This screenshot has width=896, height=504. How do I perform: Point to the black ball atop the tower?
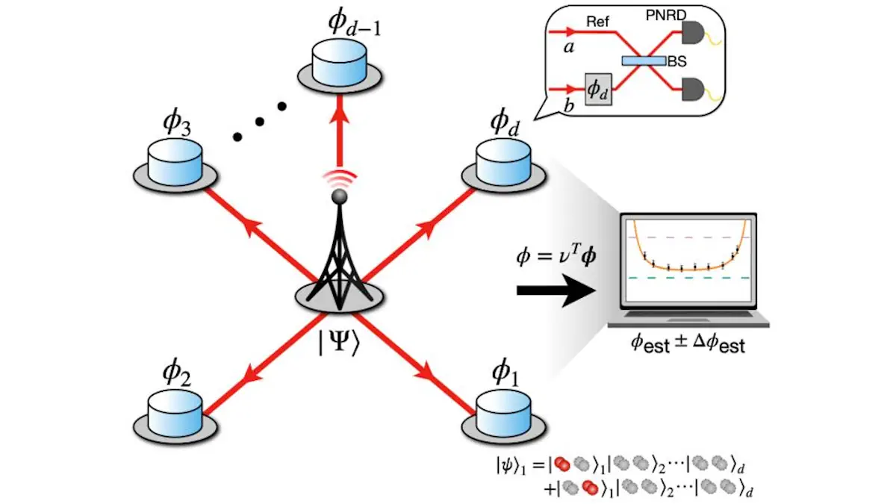tap(339, 196)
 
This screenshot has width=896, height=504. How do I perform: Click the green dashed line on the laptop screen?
tap(686, 278)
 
